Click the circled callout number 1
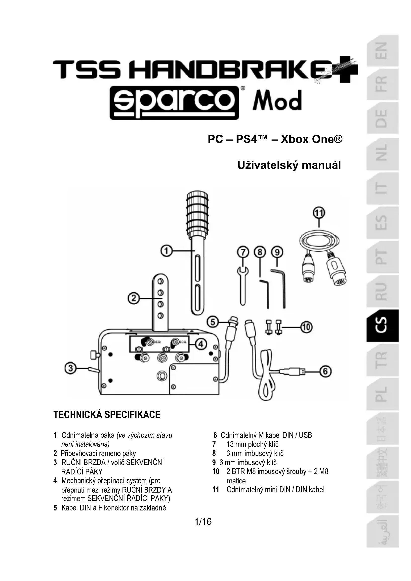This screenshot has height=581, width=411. coord(166,251)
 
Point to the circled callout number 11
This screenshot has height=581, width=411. coord(319,213)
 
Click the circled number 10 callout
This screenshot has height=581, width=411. coord(306,327)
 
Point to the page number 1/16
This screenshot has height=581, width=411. coord(203,522)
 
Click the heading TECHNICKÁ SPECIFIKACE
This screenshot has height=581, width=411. coord(107,415)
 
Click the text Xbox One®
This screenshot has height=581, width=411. coord(312,139)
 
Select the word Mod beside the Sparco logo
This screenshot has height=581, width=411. coord(277,101)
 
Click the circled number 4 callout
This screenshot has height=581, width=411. coord(201,344)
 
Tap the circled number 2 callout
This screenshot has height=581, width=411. coord(134,299)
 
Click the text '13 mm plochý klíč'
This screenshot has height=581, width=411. coord(252,444)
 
